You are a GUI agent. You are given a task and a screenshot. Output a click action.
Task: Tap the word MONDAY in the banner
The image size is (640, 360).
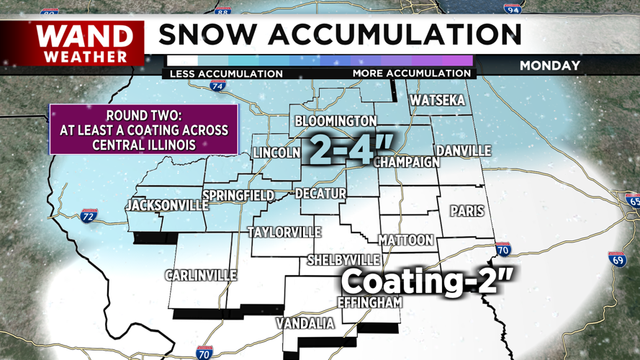pos(550,66)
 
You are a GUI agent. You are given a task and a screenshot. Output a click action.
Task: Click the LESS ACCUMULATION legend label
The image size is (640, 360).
pos(226,73)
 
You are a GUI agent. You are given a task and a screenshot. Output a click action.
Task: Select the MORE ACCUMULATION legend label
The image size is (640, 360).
pos(411,73)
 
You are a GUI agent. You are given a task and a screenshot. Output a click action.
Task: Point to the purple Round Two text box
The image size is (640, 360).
pos(143,130)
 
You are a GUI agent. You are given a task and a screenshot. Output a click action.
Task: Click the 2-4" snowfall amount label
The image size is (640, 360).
pos(338,150)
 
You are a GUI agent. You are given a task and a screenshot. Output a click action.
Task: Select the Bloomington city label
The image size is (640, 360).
pos(335,121)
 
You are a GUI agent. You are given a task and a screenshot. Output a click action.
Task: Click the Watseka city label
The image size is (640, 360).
pos(437,100)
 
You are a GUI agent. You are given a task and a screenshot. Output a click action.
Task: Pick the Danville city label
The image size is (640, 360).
pos(464,151)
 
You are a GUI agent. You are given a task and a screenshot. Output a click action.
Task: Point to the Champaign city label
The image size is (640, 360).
pos(407,162)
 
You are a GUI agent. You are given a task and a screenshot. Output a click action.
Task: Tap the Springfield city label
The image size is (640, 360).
pos(238,196)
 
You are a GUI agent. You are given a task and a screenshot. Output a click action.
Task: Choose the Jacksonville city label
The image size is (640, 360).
pos(166,205)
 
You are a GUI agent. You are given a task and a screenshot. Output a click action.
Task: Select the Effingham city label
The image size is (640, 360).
pos(370,303)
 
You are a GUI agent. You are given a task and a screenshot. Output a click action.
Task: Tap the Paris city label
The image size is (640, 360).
pos(467,212)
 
